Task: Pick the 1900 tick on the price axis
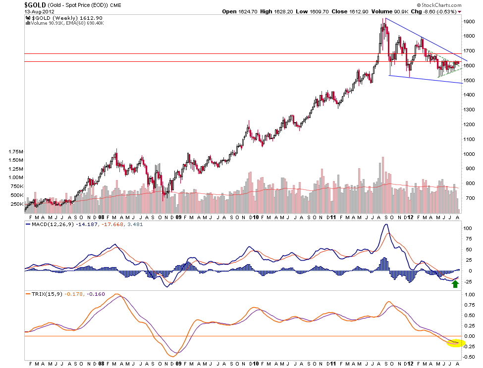(468, 22)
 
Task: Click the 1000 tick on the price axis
(468, 154)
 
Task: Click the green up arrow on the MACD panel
(455, 283)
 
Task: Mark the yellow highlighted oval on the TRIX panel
(455, 342)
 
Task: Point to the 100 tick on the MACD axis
(467, 229)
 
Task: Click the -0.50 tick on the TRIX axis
(468, 357)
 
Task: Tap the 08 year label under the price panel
(101, 217)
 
